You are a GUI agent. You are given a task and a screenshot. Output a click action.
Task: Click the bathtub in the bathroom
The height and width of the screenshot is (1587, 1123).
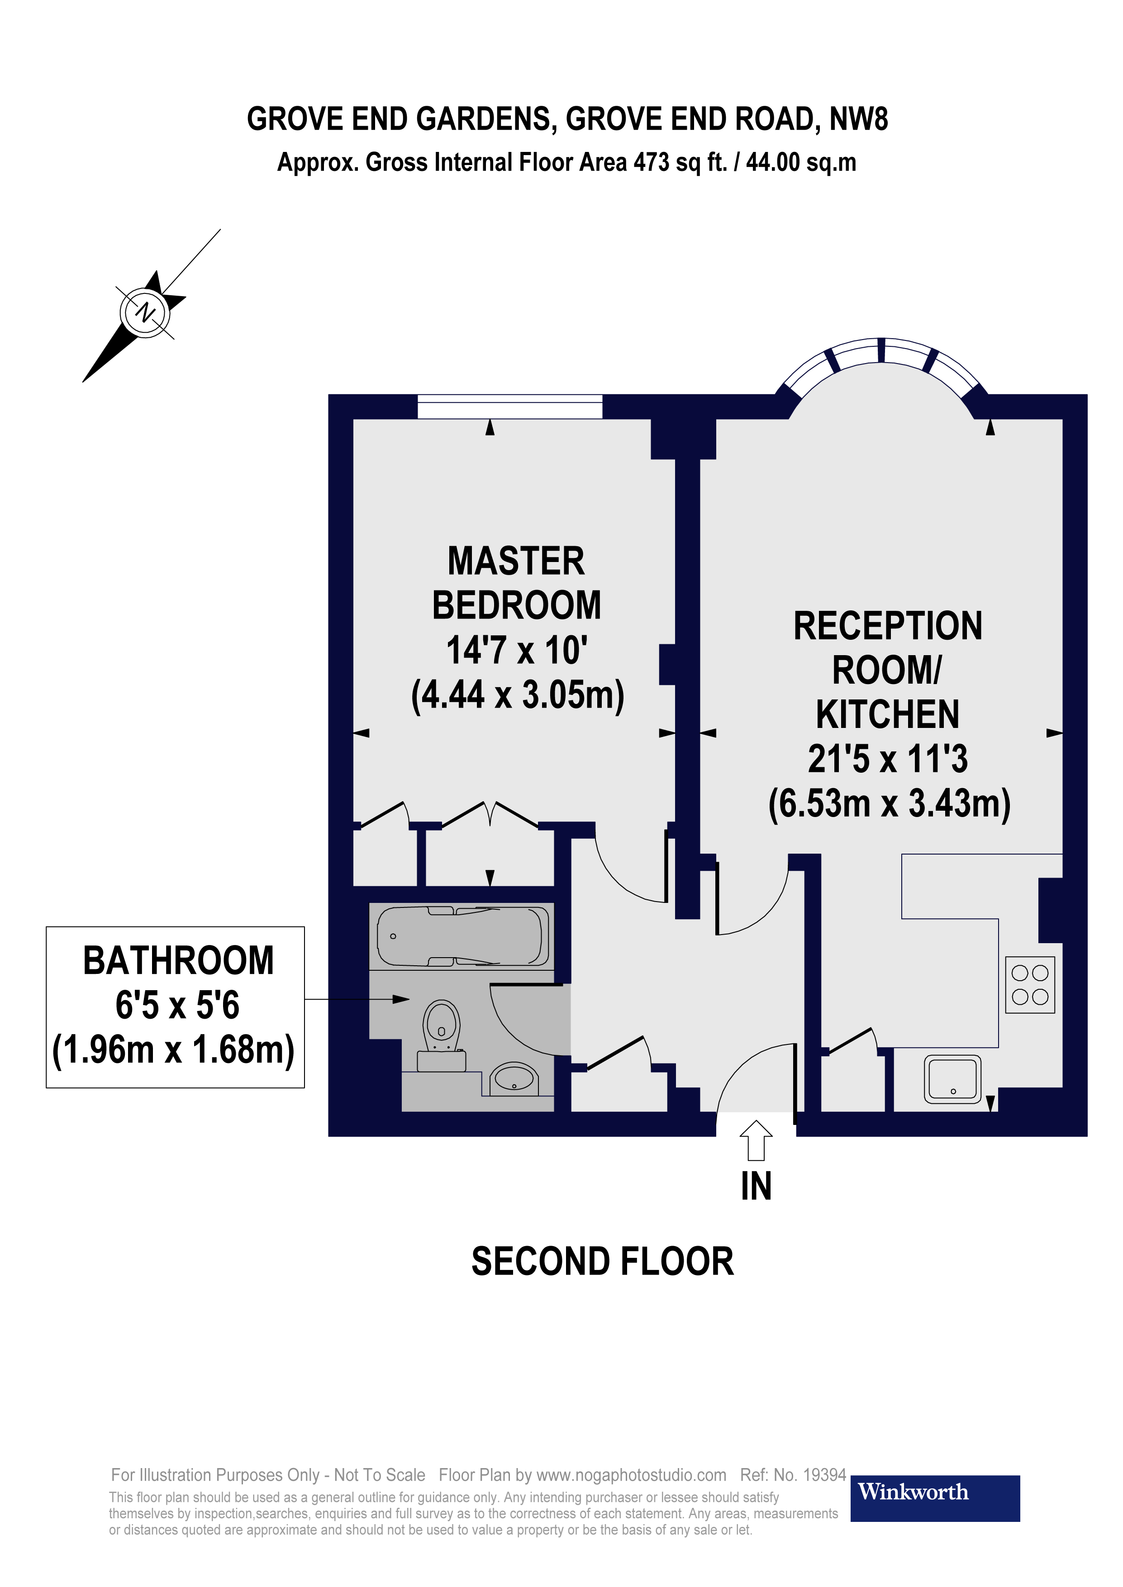pos(462,936)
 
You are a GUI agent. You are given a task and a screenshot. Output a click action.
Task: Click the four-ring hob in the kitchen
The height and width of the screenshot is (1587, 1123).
pos(1030,985)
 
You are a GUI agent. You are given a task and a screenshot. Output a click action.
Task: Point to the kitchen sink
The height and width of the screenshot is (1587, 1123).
pos(953,1079)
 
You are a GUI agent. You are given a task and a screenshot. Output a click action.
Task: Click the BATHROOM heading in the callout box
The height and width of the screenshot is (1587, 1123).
pos(178,961)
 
